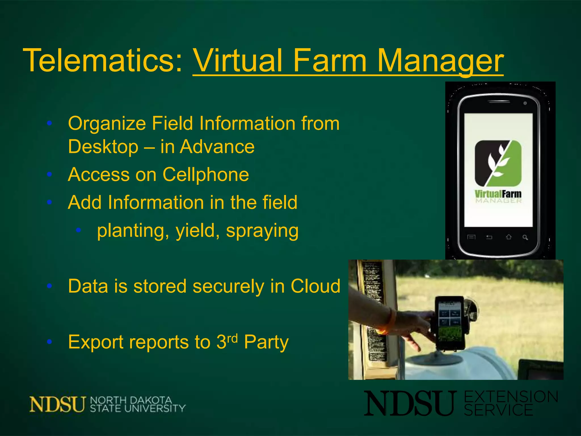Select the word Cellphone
point(206,174)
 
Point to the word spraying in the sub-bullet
point(262,231)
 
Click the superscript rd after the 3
point(232,338)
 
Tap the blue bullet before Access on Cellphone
point(50,174)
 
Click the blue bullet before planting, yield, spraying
point(79,230)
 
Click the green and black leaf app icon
point(498,163)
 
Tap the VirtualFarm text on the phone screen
point(498,194)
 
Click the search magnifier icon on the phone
point(525,237)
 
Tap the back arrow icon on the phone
point(489,237)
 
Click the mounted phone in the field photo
point(450,324)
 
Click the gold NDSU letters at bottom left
point(57,404)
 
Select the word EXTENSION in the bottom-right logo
point(511,397)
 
